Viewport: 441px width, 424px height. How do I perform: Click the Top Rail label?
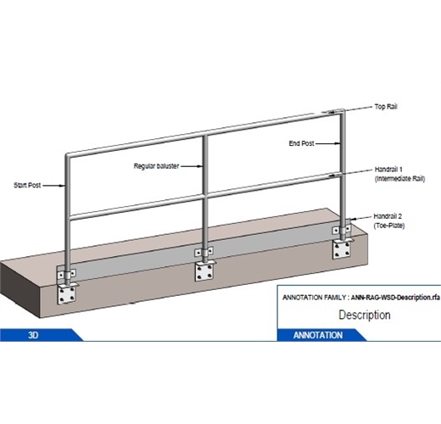click(x=386, y=108)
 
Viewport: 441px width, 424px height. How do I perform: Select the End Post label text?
click(x=302, y=144)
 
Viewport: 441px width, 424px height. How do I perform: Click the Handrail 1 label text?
click(x=388, y=169)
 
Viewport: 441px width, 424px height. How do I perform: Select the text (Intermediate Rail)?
click(x=398, y=179)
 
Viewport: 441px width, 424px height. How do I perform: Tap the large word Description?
click(x=365, y=315)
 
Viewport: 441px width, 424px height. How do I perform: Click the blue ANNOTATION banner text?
click(x=318, y=335)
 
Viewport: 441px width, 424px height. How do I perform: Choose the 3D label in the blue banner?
click(x=34, y=335)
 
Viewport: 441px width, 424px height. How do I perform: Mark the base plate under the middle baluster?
click(x=204, y=272)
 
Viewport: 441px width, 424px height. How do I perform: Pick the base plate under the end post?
click(x=343, y=248)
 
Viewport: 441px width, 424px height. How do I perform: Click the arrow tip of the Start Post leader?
click(x=66, y=184)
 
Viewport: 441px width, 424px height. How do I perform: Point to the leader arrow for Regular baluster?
click(x=204, y=166)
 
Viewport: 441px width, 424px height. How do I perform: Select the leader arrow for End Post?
click(x=342, y=145)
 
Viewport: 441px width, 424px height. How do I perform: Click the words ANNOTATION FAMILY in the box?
click(x=311, y=297)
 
